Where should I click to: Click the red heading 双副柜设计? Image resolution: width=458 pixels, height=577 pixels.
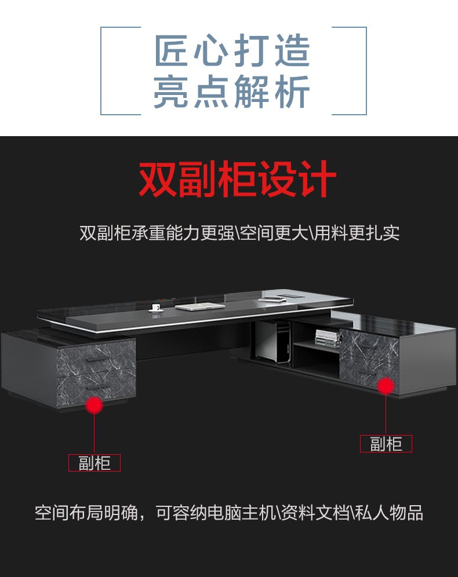pos(237,179)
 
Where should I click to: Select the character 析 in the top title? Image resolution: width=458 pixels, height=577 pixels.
pos(292,92)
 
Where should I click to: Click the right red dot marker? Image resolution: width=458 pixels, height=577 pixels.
pos(386,385)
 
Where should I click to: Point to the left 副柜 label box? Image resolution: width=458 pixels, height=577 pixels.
pos(94,463)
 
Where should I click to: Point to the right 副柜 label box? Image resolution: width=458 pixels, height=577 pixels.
pos(386,444)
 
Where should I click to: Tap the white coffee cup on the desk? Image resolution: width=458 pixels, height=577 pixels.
pos(156,308)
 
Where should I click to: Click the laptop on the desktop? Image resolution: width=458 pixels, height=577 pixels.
pos(199,306)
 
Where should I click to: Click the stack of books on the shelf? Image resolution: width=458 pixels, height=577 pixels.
pos(328,338)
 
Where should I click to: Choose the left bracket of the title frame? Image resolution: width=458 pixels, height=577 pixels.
pos(101,71)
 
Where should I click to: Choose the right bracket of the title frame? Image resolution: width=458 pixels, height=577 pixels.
pos(366,71)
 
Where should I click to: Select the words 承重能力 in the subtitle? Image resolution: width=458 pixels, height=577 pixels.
pos(166,232)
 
